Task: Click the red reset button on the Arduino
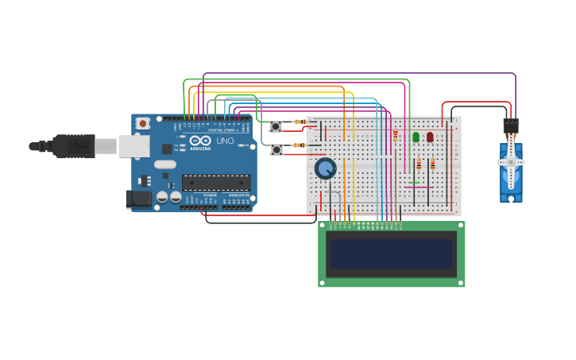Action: pos(143,123)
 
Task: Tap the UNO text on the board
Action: pos(226,140)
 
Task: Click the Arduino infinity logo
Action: pos(199,139)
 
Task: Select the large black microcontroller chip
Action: pos(216,183)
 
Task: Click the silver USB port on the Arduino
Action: pos(133,145)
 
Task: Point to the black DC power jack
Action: pos(138,199)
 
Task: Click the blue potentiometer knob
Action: pos(325,168)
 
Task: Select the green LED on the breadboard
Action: pos(416,137)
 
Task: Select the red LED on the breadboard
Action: pos(430,137)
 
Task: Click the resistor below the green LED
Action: pos(419,164)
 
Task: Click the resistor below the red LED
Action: pos(432,164)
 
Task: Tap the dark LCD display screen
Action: pos(391,254)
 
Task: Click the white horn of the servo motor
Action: pos(510,162)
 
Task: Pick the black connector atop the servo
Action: pos(510,126)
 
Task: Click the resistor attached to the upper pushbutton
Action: pos(300,122)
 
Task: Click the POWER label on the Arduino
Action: pos(210,195)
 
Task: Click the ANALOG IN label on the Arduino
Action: pos(238,195)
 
